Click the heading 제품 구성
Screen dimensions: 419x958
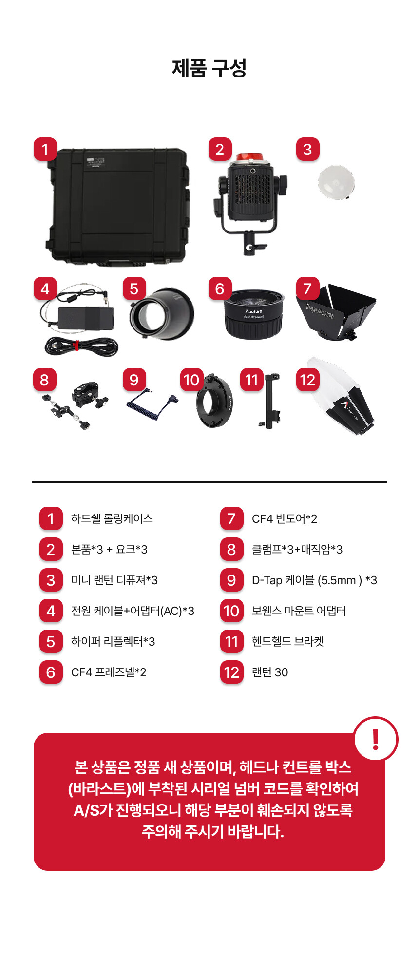tap(209, 68)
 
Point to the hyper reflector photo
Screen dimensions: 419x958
tap(162, 313)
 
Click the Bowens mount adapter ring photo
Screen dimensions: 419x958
tap(214, 401)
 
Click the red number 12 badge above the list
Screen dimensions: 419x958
tap(308, 380)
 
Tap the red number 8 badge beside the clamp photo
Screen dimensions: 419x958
tap(45, 380)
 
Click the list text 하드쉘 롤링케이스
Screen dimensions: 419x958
tap(112, 518)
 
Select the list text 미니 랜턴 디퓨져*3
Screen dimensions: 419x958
tap(114, 580)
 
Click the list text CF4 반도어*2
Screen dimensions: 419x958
tap(285, 518)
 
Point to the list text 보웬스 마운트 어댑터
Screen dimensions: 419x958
tap(299, 611)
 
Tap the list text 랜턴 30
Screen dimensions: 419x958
tap(270, 672)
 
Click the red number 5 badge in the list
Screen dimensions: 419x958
tap(51, 642)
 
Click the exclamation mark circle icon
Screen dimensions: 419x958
tap(376, 739)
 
